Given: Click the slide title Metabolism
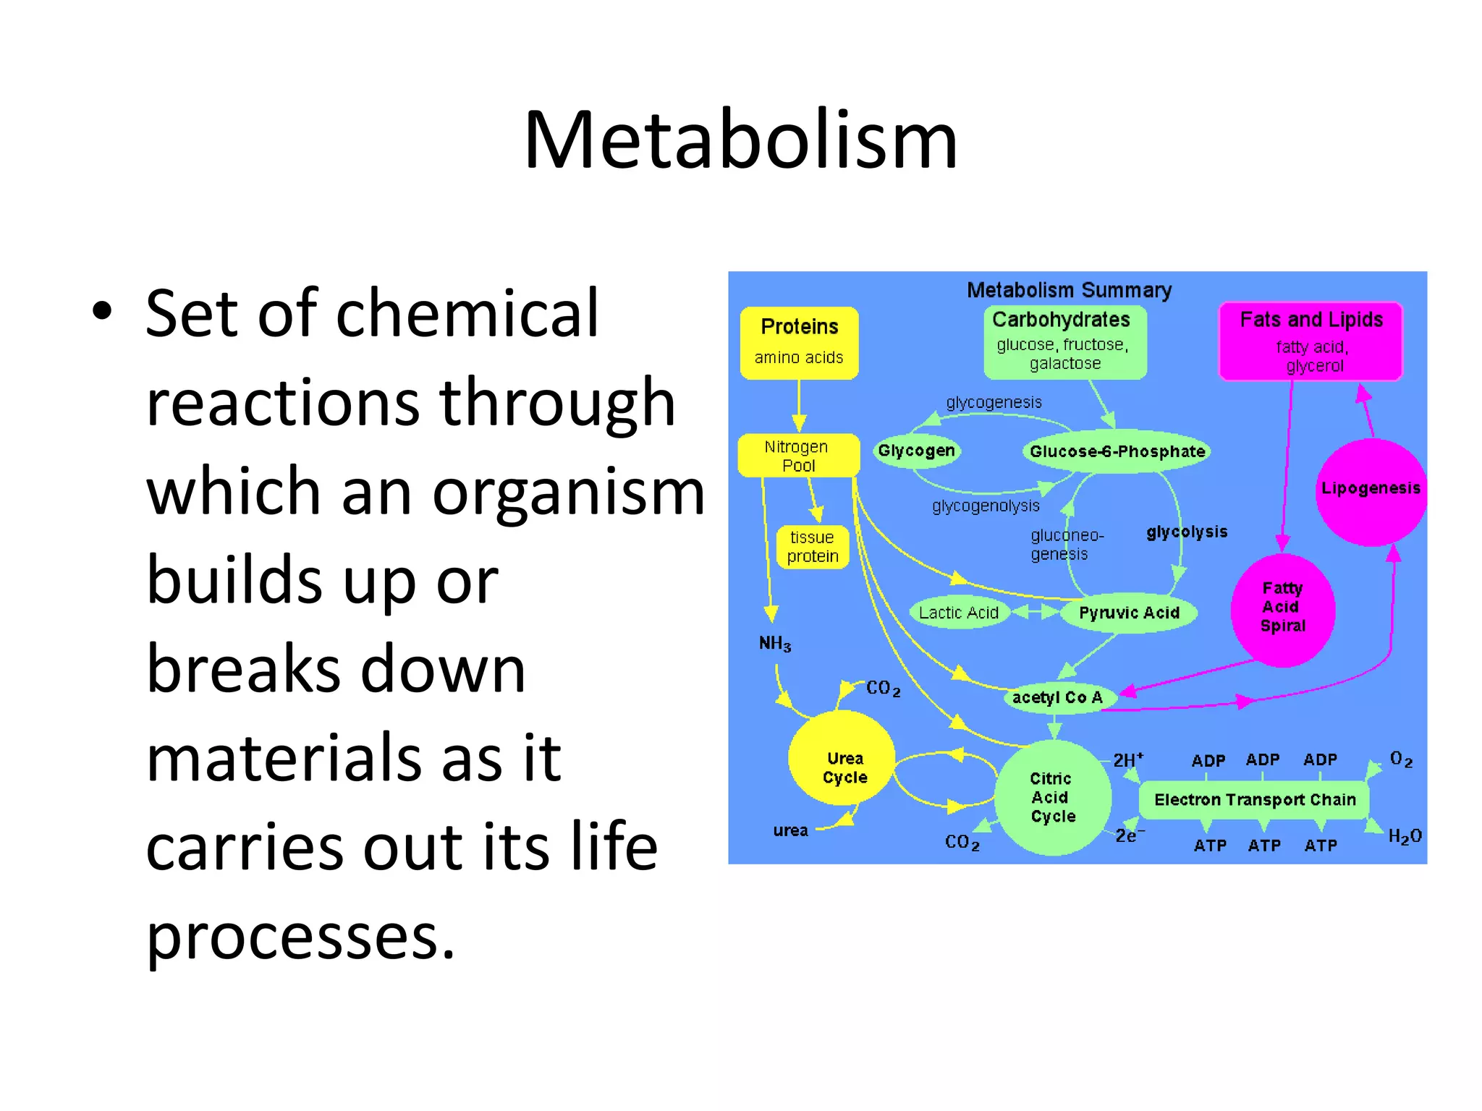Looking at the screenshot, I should [740, 140].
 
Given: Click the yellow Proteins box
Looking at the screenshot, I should [799, 342].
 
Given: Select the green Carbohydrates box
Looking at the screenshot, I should [1064, 341].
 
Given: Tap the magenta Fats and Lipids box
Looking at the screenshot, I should [1310, 341].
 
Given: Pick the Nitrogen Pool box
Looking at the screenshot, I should [798, 456].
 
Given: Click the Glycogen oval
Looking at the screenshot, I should [916, 451].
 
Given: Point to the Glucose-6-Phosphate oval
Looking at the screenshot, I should [1117, 451].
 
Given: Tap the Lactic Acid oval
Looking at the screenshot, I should [958, 613].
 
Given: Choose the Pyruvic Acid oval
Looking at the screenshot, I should [1128, 613].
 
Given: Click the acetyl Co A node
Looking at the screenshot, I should [1057, 697].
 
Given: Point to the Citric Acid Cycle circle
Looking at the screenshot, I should [1052, 797].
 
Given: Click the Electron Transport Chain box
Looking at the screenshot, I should [1254, 799].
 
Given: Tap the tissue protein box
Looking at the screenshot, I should [812, 547].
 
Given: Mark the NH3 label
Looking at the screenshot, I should [774, 643].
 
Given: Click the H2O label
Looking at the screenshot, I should [1404, 837].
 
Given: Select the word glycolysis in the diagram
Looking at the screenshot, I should [1187, 532].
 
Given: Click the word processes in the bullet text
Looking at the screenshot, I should [300, 937].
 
